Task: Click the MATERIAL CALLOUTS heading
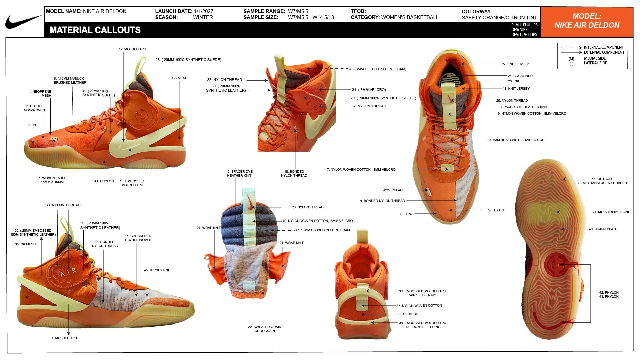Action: click(95, 30)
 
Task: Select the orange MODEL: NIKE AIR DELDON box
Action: click(587, 22)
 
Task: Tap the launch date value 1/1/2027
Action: click(203, 11)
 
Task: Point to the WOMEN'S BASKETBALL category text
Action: click(410, 17)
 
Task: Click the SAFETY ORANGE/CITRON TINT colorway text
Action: click(499, 18)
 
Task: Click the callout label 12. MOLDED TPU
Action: click(132, 49)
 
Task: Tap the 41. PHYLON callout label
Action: click(104, 181)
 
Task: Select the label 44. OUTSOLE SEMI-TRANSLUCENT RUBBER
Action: click(602, 181)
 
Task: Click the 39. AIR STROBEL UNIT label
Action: click(611, 212)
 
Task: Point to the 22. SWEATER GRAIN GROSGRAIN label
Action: click(265, 329)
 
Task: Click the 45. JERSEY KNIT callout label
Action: click(157, 270)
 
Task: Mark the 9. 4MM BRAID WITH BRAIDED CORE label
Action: click(518, 140)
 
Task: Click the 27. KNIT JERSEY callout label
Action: click(515, 64)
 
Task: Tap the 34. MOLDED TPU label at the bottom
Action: click(63, 338)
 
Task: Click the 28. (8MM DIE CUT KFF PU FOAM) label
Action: click(377, 69)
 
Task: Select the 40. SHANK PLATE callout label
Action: click(603, 229)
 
